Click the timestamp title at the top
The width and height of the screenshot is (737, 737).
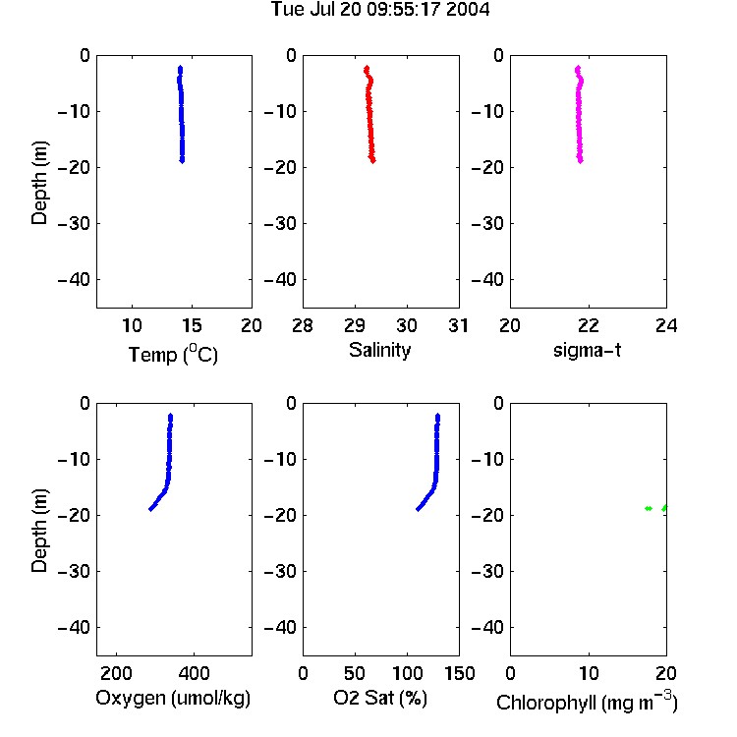380,10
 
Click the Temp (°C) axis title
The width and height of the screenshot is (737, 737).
173,354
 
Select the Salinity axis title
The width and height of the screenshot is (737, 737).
379,350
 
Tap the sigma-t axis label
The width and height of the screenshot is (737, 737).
587,350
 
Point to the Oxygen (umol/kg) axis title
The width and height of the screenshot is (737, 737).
173,698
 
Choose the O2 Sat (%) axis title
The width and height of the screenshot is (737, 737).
380,698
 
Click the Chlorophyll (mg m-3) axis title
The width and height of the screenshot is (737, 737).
587,702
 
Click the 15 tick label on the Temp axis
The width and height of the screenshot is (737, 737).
192,325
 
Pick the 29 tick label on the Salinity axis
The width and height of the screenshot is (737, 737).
355,325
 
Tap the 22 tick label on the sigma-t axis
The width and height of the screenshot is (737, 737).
588,325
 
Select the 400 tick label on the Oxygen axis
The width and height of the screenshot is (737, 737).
195,673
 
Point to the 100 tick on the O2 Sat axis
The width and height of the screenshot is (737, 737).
408,673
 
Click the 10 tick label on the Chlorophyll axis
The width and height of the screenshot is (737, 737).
589,673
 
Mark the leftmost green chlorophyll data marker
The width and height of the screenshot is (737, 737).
649,508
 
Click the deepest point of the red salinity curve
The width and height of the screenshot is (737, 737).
372,161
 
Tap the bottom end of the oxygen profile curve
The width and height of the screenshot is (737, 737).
150,509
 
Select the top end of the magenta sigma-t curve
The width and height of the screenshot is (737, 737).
578,68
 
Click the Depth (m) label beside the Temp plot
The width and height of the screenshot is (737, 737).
39,183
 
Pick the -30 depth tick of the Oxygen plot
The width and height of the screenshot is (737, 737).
74,572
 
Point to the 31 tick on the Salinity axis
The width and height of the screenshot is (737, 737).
458,325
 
